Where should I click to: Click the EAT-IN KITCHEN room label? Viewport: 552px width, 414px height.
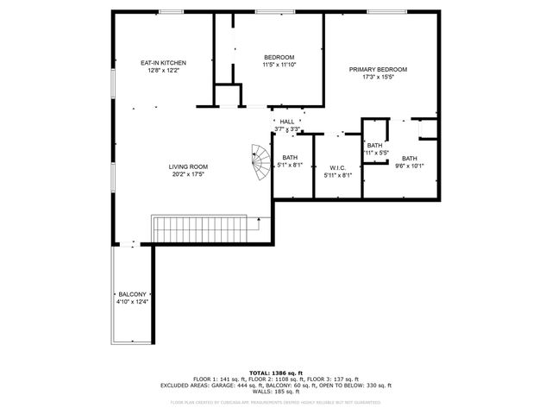[163, 63]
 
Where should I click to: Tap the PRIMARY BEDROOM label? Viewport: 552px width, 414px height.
[378, 69]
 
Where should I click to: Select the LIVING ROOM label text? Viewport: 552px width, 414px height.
[187, 166]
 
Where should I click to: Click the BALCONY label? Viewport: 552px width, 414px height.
[132, 294]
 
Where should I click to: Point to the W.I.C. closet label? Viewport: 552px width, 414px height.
[336, 167]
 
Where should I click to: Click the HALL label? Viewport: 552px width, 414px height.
[286, 122]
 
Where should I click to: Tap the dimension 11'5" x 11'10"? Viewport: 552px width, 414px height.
[279, 65]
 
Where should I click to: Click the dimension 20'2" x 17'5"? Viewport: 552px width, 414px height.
[187, 174]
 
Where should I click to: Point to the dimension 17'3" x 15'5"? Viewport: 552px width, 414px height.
[378, 77]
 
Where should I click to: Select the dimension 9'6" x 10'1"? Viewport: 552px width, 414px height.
[409, 166]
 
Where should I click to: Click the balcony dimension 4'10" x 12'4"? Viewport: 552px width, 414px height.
[132, 302]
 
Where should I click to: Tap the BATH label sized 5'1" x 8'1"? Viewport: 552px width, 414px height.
[290, 157]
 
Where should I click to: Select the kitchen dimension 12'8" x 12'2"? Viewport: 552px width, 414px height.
[163, 71]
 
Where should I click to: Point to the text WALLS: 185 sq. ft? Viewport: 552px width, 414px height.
[275, 392]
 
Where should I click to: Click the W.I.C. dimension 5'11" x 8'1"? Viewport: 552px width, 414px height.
[336, 175]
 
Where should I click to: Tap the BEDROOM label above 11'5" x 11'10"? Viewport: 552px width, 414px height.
[279, 57]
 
